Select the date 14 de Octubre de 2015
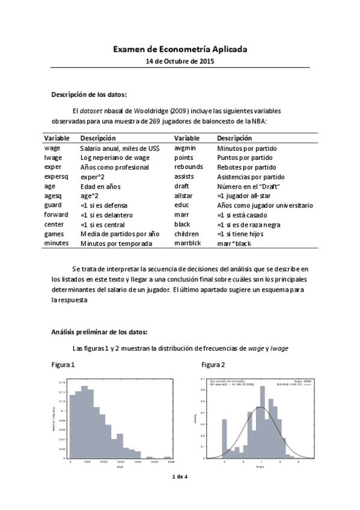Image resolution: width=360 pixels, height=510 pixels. pyautogui.click(x=180, y=61)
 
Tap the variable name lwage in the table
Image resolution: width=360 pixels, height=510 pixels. pyautogui.click(x=53, y=157)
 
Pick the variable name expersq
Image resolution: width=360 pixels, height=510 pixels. pyautogui.click(x=56, y=176)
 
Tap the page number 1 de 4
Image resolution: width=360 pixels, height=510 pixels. pyautogui.click(x=180, y=476)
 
